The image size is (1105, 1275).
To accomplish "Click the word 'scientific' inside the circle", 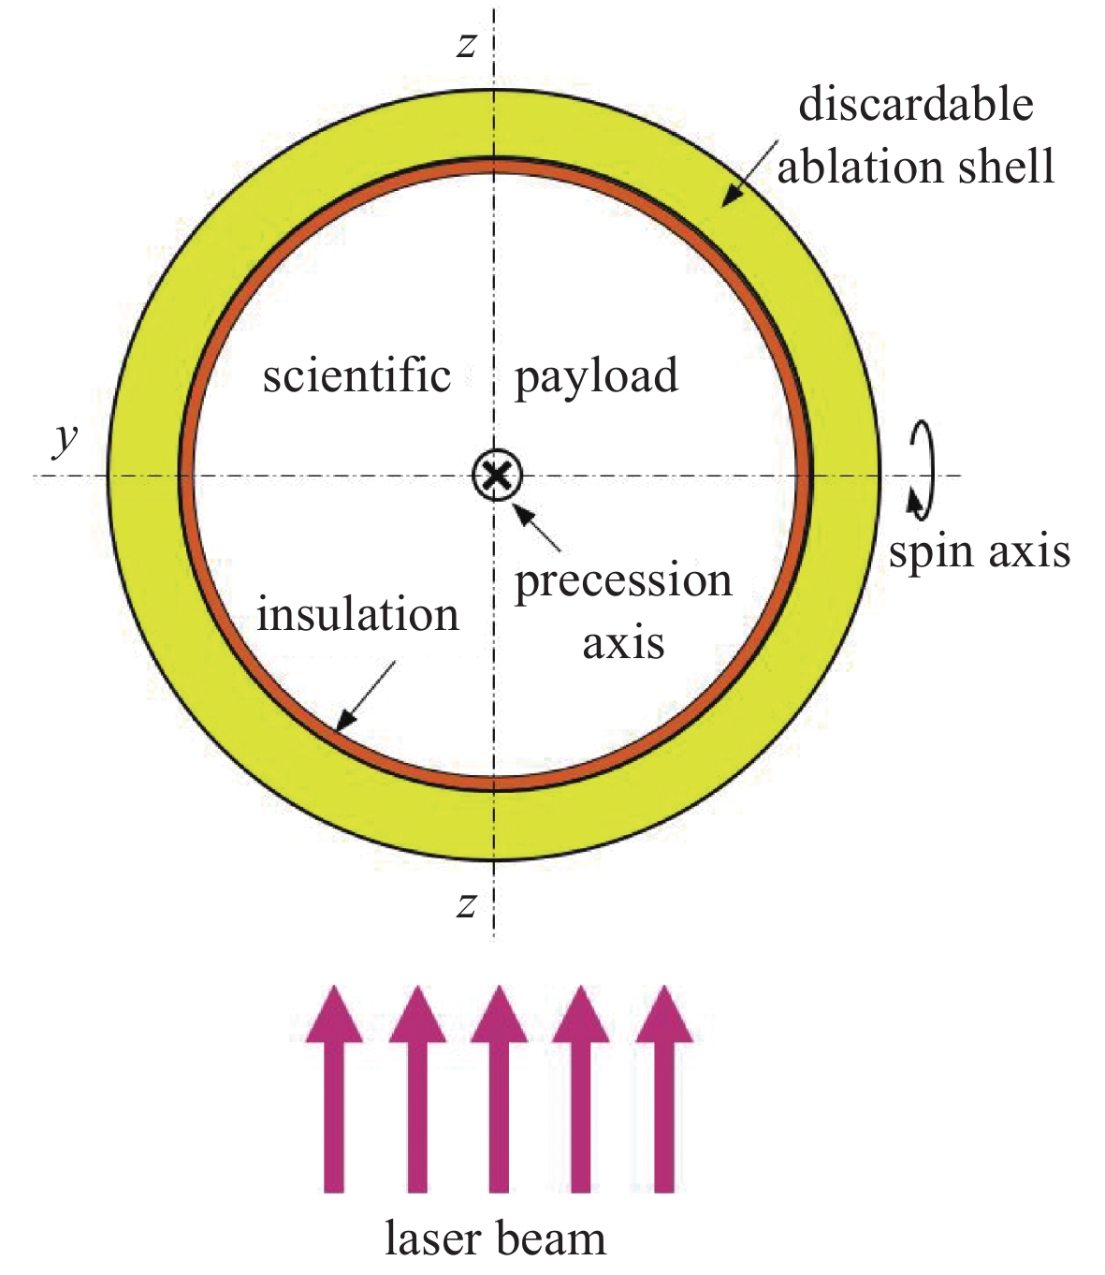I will pos(356,376).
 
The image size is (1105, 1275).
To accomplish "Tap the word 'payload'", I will pos(596,378).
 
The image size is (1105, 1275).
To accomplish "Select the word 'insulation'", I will pos(357,616).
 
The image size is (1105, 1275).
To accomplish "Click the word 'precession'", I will pos(623,582).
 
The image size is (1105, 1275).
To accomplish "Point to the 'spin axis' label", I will pos(979,552).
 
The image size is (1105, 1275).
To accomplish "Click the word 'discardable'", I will pos(915,104).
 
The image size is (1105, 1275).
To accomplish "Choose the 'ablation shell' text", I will pos(915,167).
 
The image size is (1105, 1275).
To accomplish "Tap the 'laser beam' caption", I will pos(495,1238).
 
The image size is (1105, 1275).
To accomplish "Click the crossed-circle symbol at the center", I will pos(496,476).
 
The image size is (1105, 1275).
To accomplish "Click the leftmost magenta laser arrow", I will pos(334,1086).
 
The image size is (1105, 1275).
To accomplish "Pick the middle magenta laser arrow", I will pos(498,1086).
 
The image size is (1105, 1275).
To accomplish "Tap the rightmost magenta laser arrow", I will pos(663,1086).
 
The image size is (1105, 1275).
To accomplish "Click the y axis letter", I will pos(65,438).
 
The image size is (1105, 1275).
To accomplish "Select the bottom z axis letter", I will pos(466,904).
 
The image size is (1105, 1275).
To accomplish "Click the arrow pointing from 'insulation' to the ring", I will pos(364,696).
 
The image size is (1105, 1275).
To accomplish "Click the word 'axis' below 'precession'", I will pos(623,643).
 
